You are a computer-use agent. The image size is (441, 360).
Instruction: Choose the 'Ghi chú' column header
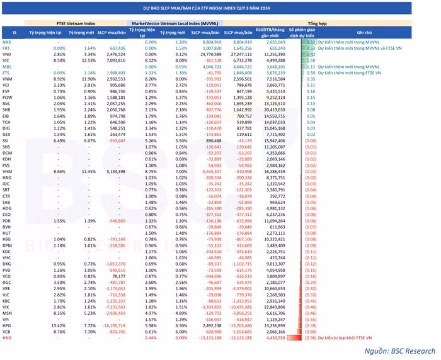(x=364, y=31)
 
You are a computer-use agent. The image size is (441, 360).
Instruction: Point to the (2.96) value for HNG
(x=307, y=337)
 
